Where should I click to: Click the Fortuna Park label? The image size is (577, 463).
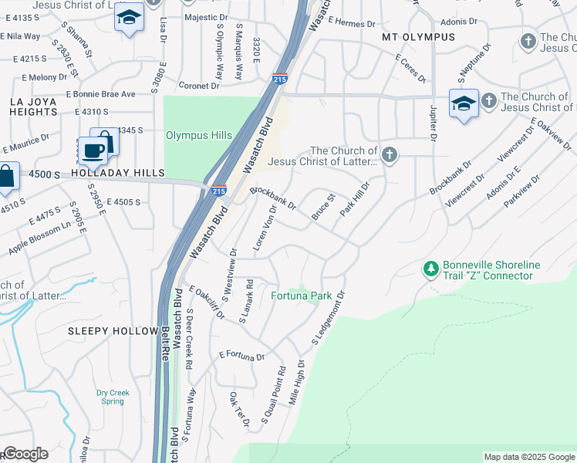point(301,296)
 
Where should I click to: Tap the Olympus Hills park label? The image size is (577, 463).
point(199,135)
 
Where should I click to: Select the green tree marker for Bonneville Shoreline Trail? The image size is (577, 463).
point(430,269)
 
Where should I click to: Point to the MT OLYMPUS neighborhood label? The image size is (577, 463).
point(419,37)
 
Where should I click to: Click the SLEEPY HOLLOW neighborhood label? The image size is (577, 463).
point(113,331)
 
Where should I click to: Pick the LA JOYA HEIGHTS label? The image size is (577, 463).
point(30,107)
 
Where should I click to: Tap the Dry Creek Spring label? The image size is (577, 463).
point(113,397)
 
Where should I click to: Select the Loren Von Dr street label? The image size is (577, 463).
point(265,229)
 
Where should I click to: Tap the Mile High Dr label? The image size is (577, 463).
point(295,382)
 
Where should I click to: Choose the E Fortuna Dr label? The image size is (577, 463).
point(241,356)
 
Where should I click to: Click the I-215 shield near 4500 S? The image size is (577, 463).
point(219,189)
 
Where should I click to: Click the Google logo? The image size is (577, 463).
point(25,454)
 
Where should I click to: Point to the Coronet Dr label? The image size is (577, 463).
point(199,86)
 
